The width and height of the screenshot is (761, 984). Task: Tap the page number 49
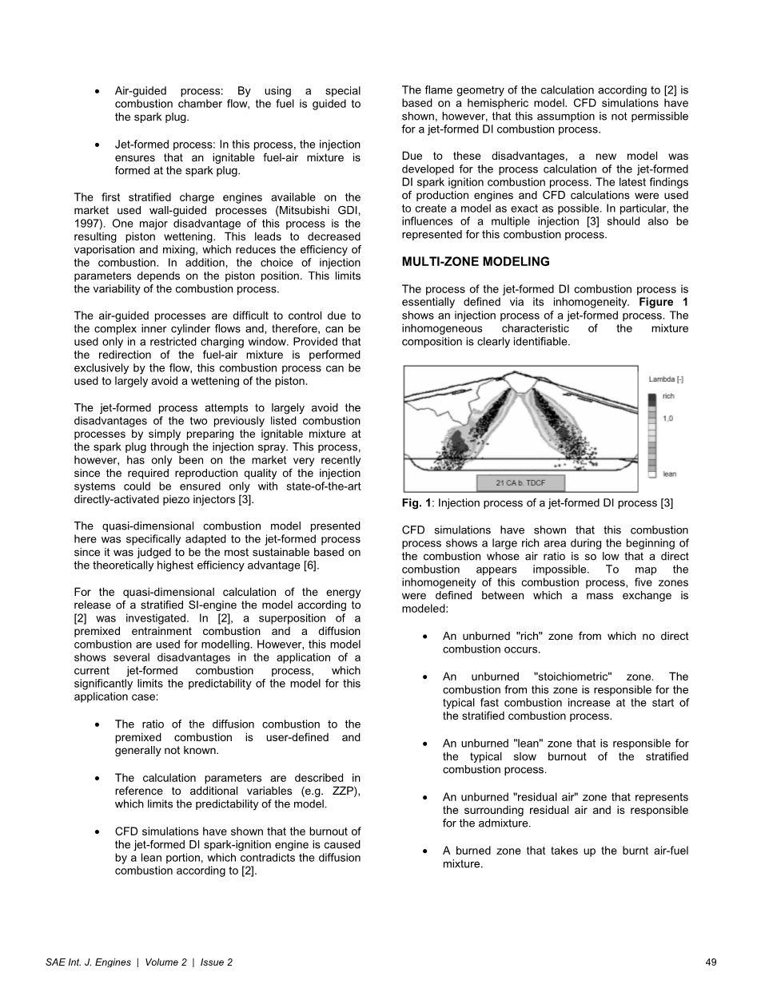(711, 962)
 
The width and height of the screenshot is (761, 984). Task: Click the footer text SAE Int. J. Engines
(88, 962)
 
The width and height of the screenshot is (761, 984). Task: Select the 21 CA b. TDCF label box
(520, 482)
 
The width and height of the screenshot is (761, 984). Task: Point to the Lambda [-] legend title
(665, 379)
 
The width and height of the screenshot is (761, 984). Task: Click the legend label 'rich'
(669, 395)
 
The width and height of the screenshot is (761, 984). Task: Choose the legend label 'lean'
(670, 474)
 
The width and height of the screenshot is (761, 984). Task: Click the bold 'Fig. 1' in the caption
(416, 503)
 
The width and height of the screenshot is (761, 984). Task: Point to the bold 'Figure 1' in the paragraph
(663, 302)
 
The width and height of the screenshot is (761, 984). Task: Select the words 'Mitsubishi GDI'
(320, 211)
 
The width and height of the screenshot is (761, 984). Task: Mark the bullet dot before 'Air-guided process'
(97, 92)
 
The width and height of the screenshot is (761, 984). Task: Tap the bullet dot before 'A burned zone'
(424, 851)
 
